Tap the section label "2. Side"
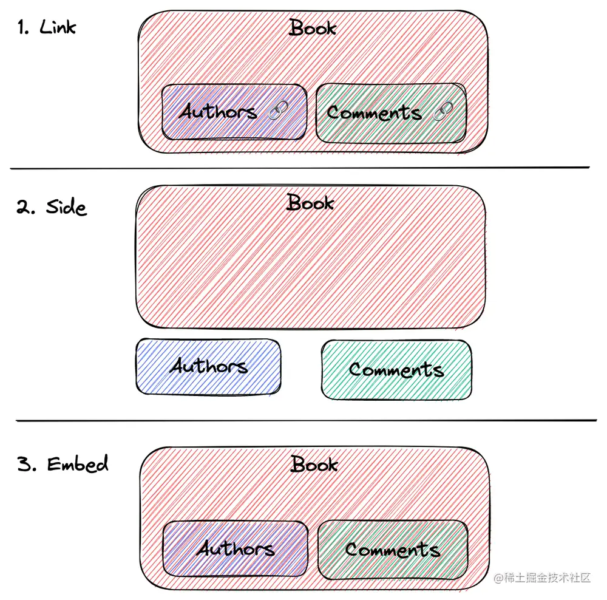[52, 207]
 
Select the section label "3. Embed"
[63, 465]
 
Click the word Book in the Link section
[313, 28]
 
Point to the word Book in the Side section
[310, 203]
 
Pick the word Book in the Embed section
[314, 465]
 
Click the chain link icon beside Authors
[277, 111]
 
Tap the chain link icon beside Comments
[444, 111]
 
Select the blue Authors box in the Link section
[234, 112]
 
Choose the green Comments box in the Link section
[392, 113]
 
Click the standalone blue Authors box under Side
[208, 366]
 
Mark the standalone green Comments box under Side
[396, 369]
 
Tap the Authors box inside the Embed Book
[236, 549]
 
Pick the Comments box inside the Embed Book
[393, 550]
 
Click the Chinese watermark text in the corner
[542, 578]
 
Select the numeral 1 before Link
[23, 28]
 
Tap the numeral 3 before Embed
[25, 465]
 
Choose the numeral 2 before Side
[24, 208]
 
